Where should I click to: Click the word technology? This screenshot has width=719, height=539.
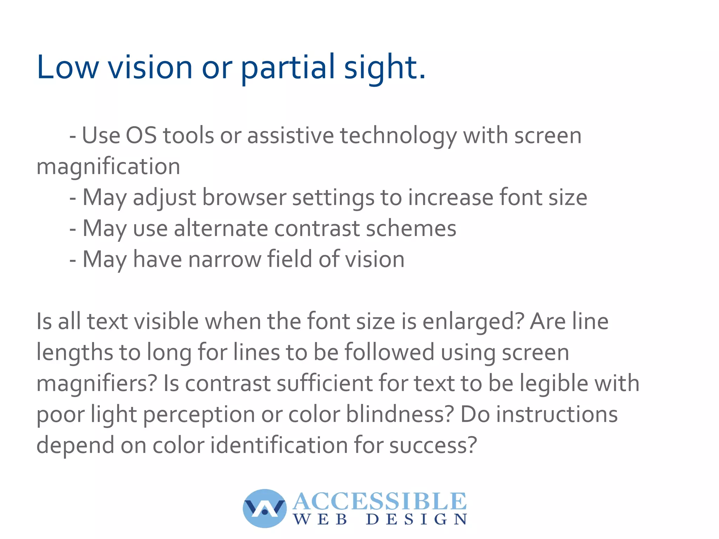[x=398, y=136]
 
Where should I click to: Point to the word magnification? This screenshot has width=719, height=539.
[x=108, y=167]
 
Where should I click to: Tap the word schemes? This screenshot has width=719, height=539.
[x=411, y=228]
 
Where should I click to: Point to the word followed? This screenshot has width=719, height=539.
[x=389, y=352]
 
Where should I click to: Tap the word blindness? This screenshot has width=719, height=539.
[x=400, y=414]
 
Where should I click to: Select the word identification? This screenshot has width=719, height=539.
[x=279, y=445]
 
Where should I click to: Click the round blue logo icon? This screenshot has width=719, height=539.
[x=264, y=508]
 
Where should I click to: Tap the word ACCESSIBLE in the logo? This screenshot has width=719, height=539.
[x=380, y=501]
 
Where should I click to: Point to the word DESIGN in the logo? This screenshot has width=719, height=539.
[x=417, y=519]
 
